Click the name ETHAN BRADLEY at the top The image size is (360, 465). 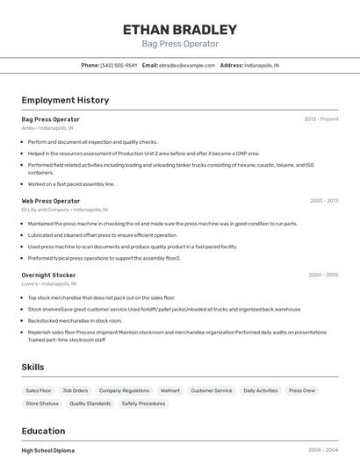[x=180, y=29]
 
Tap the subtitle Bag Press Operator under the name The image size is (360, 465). [x=180, y=44]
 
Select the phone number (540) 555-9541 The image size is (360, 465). [x=119, y=65]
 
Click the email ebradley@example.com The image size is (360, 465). [x=187, y=65]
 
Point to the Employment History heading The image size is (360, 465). [x=65, y=100]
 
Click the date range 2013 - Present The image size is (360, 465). [x=320, y=118]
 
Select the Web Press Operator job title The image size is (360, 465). [x=51, y=201]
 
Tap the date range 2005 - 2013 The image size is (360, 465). [x=323, y=201]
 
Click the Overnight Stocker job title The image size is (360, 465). [x=48, y=275]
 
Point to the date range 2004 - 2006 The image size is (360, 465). [x=323, y=275]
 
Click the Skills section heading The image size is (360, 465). [x=33, y=367]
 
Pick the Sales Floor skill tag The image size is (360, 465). [x=39, y=390]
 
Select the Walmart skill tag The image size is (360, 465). [x=169, y=390]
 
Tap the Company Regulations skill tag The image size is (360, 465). [x=124, y=390]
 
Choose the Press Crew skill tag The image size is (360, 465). [x=302, y=390]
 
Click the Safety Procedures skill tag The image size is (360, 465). [x=143, y=404]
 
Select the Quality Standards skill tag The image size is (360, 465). [x=90, y=404]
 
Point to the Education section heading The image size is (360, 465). [x=43, y=431]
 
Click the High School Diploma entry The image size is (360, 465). [x=48, y=450]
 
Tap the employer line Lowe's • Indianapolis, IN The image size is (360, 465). [x=48, y=284]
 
